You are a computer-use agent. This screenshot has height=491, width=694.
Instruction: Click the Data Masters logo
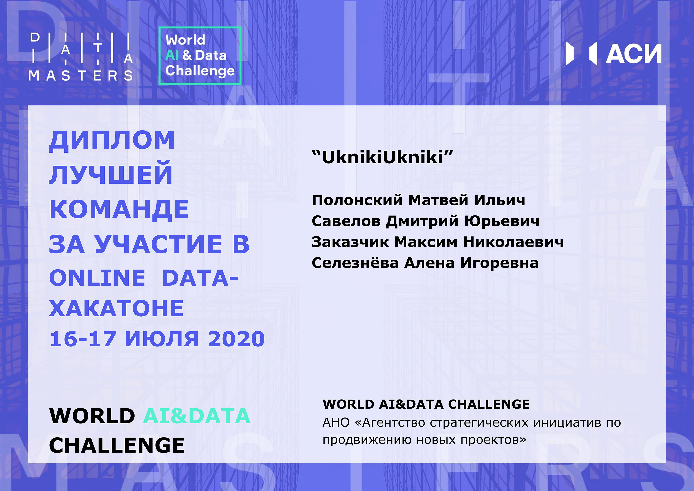(81, 57)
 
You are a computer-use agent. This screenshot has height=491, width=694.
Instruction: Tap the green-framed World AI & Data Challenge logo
(200, 56)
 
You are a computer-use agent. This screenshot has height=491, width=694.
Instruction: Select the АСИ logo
(613, 53)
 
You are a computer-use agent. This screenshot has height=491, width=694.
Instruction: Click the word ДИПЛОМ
(112, 140)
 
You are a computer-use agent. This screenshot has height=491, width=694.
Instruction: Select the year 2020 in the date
(236, 339)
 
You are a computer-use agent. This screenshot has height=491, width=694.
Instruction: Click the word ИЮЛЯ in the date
(162, 339)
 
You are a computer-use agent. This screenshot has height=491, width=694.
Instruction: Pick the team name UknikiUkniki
(382, 157)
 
